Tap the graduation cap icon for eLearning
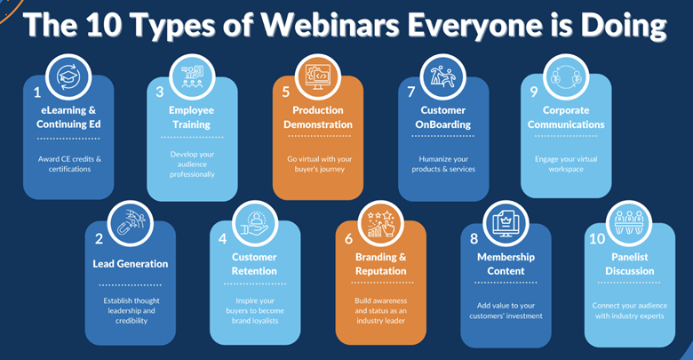[x=68, y=77]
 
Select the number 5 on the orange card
[x=286, y=92]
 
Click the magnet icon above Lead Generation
[x=131, y=223]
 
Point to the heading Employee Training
[x=191, y=117]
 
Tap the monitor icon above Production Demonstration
[x=318, y=76]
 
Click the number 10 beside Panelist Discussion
[x=597, y=239]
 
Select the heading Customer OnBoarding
[x=442, y=117]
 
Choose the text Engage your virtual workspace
[x=566, y=164]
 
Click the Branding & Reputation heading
[x=380, y=264]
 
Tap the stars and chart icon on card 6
[x=381, y=224]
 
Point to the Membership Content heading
[x=506, y=264]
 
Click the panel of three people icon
[x=629, y=222]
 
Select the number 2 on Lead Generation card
[x=99, y=239]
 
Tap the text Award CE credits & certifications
[x=69, y=164]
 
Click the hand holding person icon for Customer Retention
[x=255, y=223]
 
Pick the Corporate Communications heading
[x=566, y=117]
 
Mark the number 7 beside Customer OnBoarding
[x=411, y=92]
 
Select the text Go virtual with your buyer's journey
[x=320, y=164]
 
